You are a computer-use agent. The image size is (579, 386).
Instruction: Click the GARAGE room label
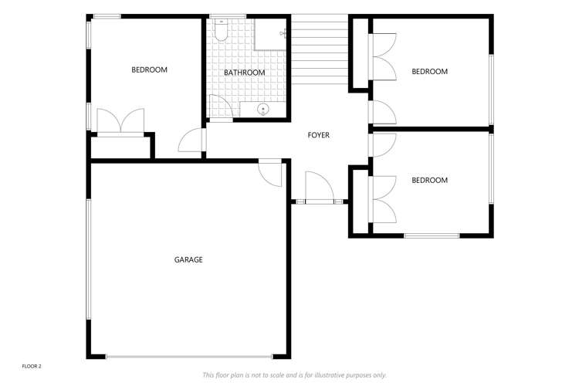(x=188, y=260)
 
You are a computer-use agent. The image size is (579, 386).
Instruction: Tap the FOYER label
(x=318, y=135)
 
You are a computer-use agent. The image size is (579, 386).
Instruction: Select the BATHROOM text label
(x=244, y=73)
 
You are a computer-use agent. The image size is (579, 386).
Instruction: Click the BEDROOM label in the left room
(x=149, y=70)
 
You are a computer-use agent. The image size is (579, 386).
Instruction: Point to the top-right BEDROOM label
(x=429, y=72)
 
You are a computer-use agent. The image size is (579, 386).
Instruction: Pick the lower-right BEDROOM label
(x=429, y=181)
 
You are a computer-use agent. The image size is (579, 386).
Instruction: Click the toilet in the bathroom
(x=221, y=31)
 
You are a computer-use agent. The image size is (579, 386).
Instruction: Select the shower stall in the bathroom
(x=270, y=33)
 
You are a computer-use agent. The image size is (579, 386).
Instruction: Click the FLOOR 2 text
(x=31, y=366)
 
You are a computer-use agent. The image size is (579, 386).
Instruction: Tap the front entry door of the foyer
(x=318, y=189)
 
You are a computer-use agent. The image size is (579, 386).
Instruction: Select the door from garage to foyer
(x=271, y=171)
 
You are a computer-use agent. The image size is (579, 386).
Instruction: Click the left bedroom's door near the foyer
(x=191, y=141)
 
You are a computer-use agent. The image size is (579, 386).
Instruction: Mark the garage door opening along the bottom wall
(x=189, y=357)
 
